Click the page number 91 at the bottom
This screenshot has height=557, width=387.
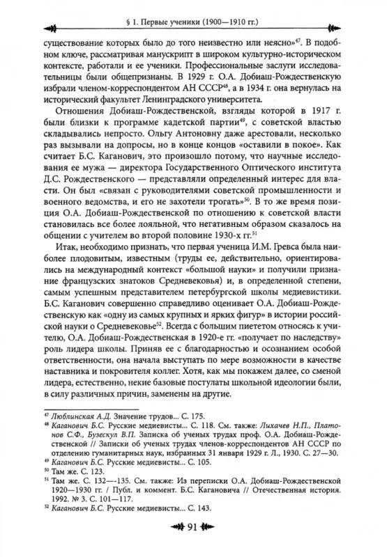[195, 542]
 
